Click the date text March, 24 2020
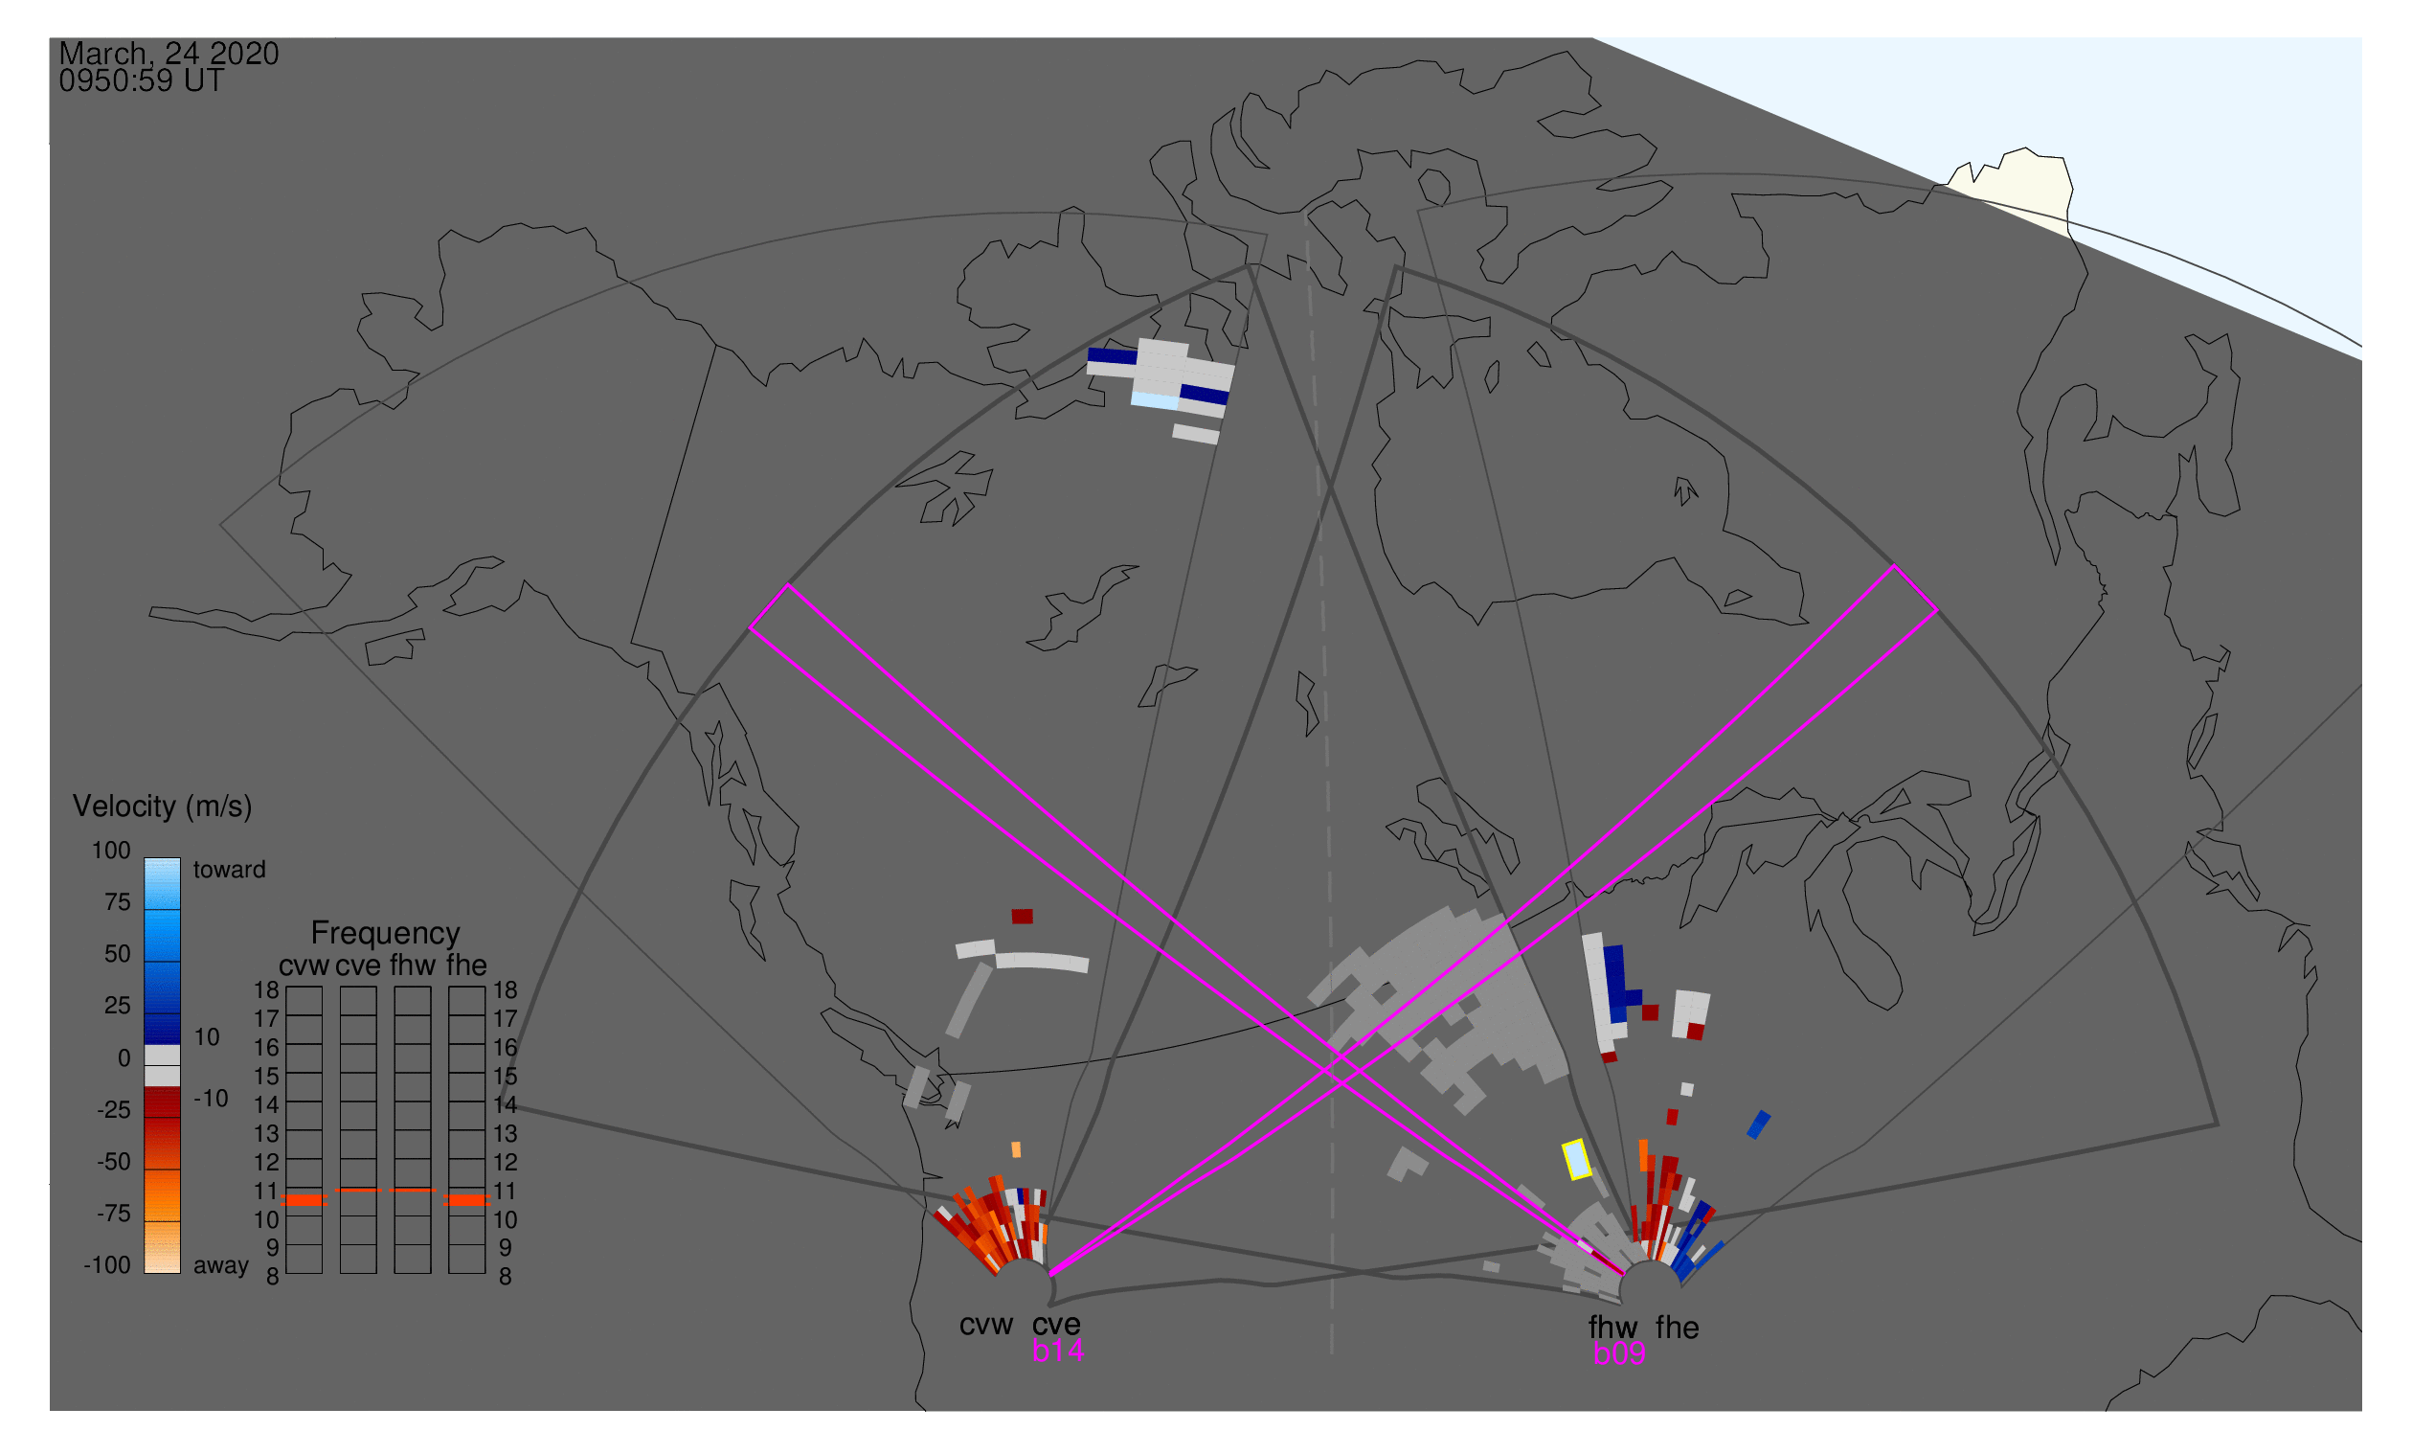[x=169, y=54]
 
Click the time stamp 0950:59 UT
[x=142, y=81]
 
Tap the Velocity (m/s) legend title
[x=162, y=807]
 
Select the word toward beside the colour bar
[x=230, y=870]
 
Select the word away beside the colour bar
[x=221, y=1266]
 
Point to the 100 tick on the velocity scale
[x=111, y=851]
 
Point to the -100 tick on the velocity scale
[x=107, y=1265]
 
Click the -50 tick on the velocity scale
[x=114, y=1162]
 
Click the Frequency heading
[x=386, y=934]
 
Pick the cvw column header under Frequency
[x=304, y=966]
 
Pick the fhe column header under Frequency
[x=466, y=966]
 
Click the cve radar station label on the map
[x=1056, y=1325]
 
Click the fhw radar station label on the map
[x=1612, y=1328]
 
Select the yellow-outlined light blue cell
[x=1577, y=1159]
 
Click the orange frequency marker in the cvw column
[x=304, y=1200]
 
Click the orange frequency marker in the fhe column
[x=467, y=1200]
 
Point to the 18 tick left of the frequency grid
[x=267, y=990]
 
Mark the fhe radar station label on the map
[x=1678, y=1328]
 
